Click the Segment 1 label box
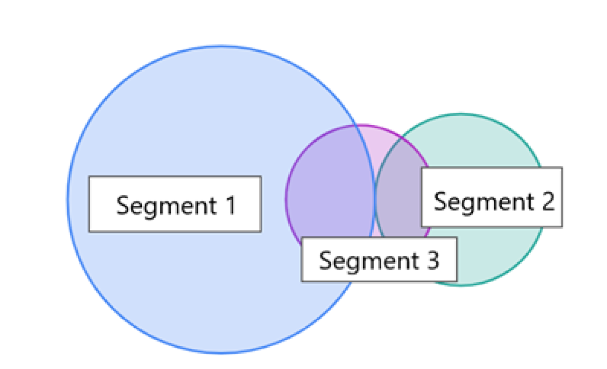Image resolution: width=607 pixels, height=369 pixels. pyautogui.click(x=175, y=204)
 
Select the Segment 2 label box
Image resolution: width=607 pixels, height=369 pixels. pyautogui.click(x=492, y=197)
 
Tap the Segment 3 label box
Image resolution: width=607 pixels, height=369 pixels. pyautogui.click(x=379, y=259)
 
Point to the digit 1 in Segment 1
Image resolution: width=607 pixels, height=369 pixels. pyautogui.click(x=230, y=205)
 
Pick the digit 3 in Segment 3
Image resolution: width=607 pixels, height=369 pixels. pyautogui.click(x=432, y=260)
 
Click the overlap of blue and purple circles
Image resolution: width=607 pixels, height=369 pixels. pyautogui.click(x=332, y=190)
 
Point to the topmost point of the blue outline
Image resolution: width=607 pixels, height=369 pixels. pyautogui.click(x=221, y=46)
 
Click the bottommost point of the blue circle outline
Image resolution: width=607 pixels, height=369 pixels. pyautogui.click(x=221, y=353)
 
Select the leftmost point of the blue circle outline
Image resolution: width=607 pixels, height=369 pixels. pyautogui.click(x=68, y=200)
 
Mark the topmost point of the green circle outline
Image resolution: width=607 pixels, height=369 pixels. pyautogui.click(x=461, y=114)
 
